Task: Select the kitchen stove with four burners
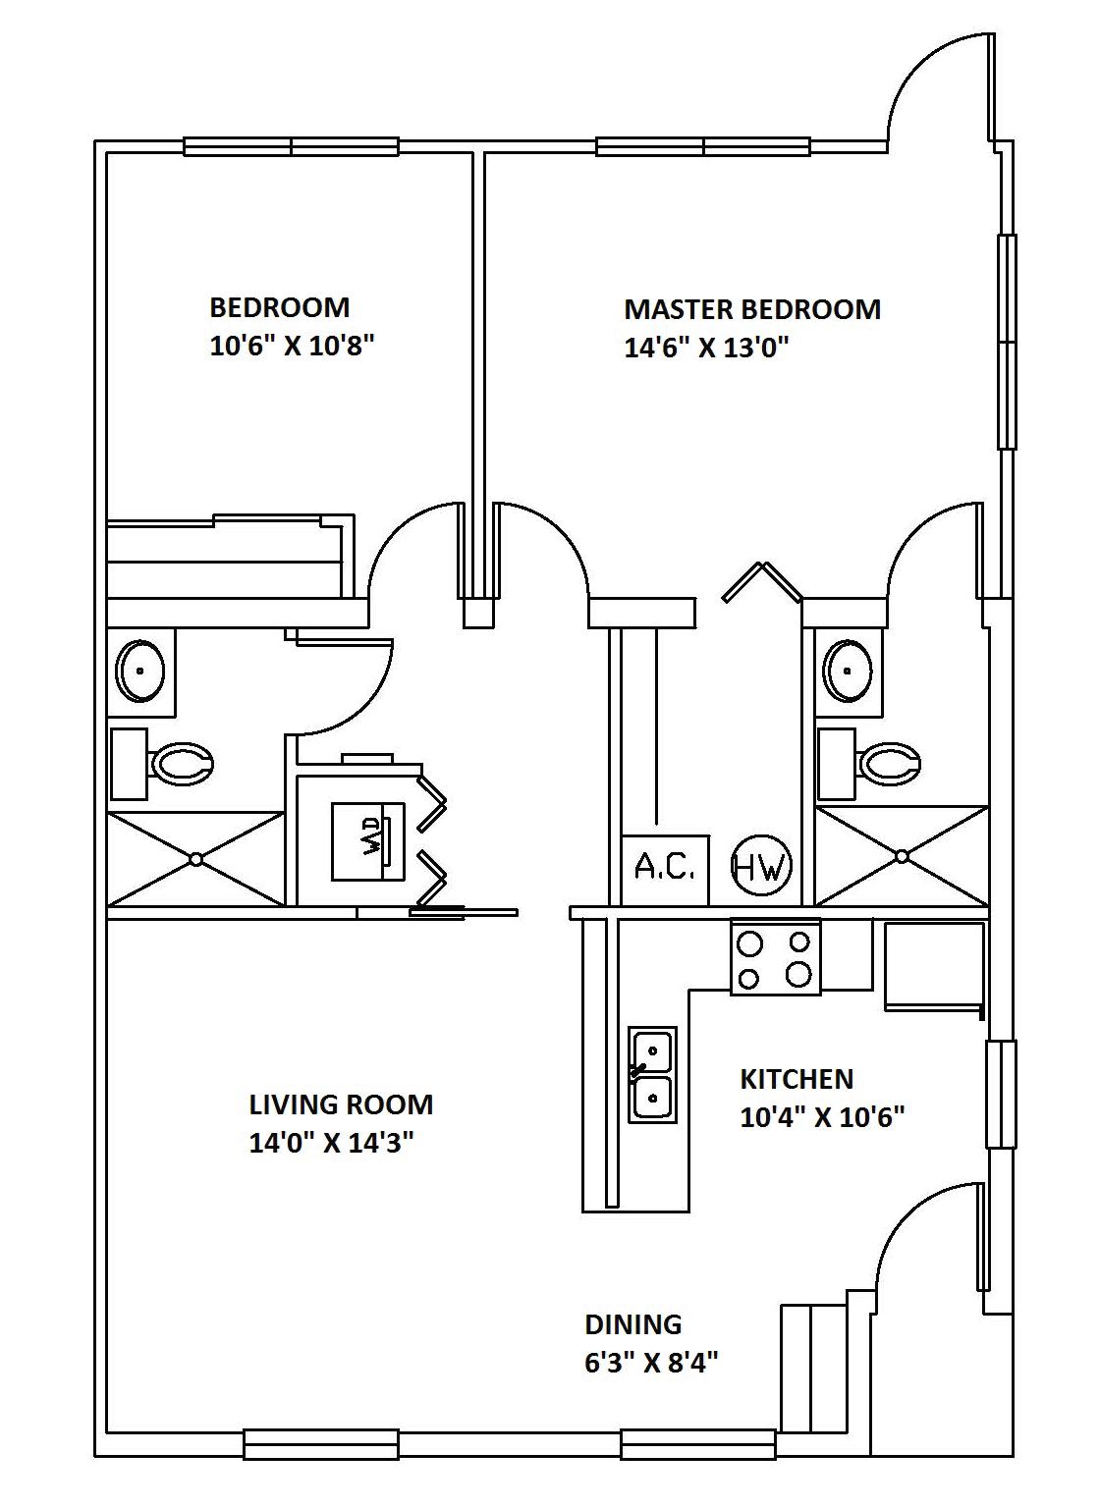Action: [x=775, y=957]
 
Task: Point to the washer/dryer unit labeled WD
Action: [x=367, y=841]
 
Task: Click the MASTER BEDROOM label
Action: [x=752, y=309]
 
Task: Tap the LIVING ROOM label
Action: [x=341, y=1104]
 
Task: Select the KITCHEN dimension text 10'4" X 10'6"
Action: [x=822, y=1117]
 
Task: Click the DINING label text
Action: [x=633, y=1324]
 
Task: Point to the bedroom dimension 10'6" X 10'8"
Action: [x=294, y=347]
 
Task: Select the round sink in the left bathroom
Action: [x=140, y=671]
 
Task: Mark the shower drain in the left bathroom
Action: [x=195, y=859]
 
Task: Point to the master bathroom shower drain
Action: [x=903, y=856]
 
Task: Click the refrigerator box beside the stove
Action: [x=933, y=966]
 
